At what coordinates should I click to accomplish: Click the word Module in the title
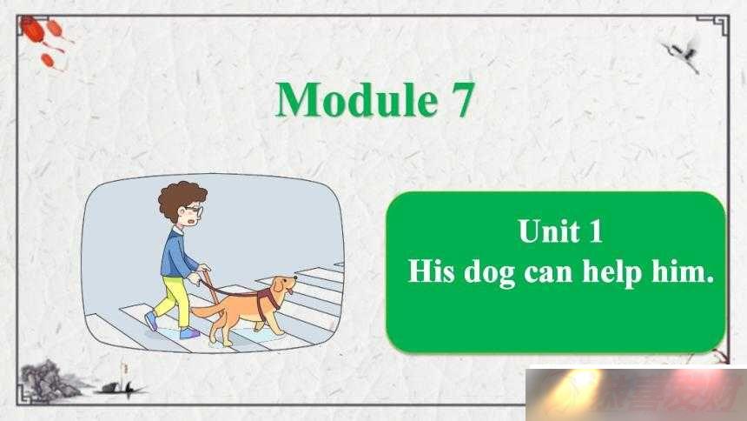[356, 99]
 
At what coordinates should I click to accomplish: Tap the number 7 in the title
[460, 100]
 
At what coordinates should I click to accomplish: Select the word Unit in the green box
[549, 231]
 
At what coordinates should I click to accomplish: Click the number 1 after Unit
[596, 231]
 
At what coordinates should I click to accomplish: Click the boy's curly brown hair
[180, 198]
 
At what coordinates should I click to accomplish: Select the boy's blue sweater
[178, 254]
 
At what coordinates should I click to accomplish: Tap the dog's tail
[208, 311]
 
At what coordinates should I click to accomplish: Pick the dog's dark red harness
[268, 297]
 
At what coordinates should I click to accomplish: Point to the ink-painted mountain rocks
[49, 379]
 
